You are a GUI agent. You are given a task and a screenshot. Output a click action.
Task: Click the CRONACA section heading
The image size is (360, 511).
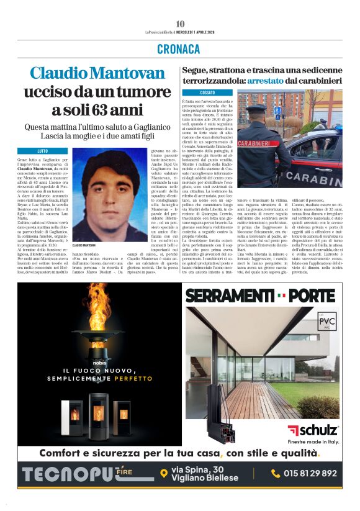coord(180,48)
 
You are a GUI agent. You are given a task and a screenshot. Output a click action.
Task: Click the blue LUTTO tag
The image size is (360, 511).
coord(43,151)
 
